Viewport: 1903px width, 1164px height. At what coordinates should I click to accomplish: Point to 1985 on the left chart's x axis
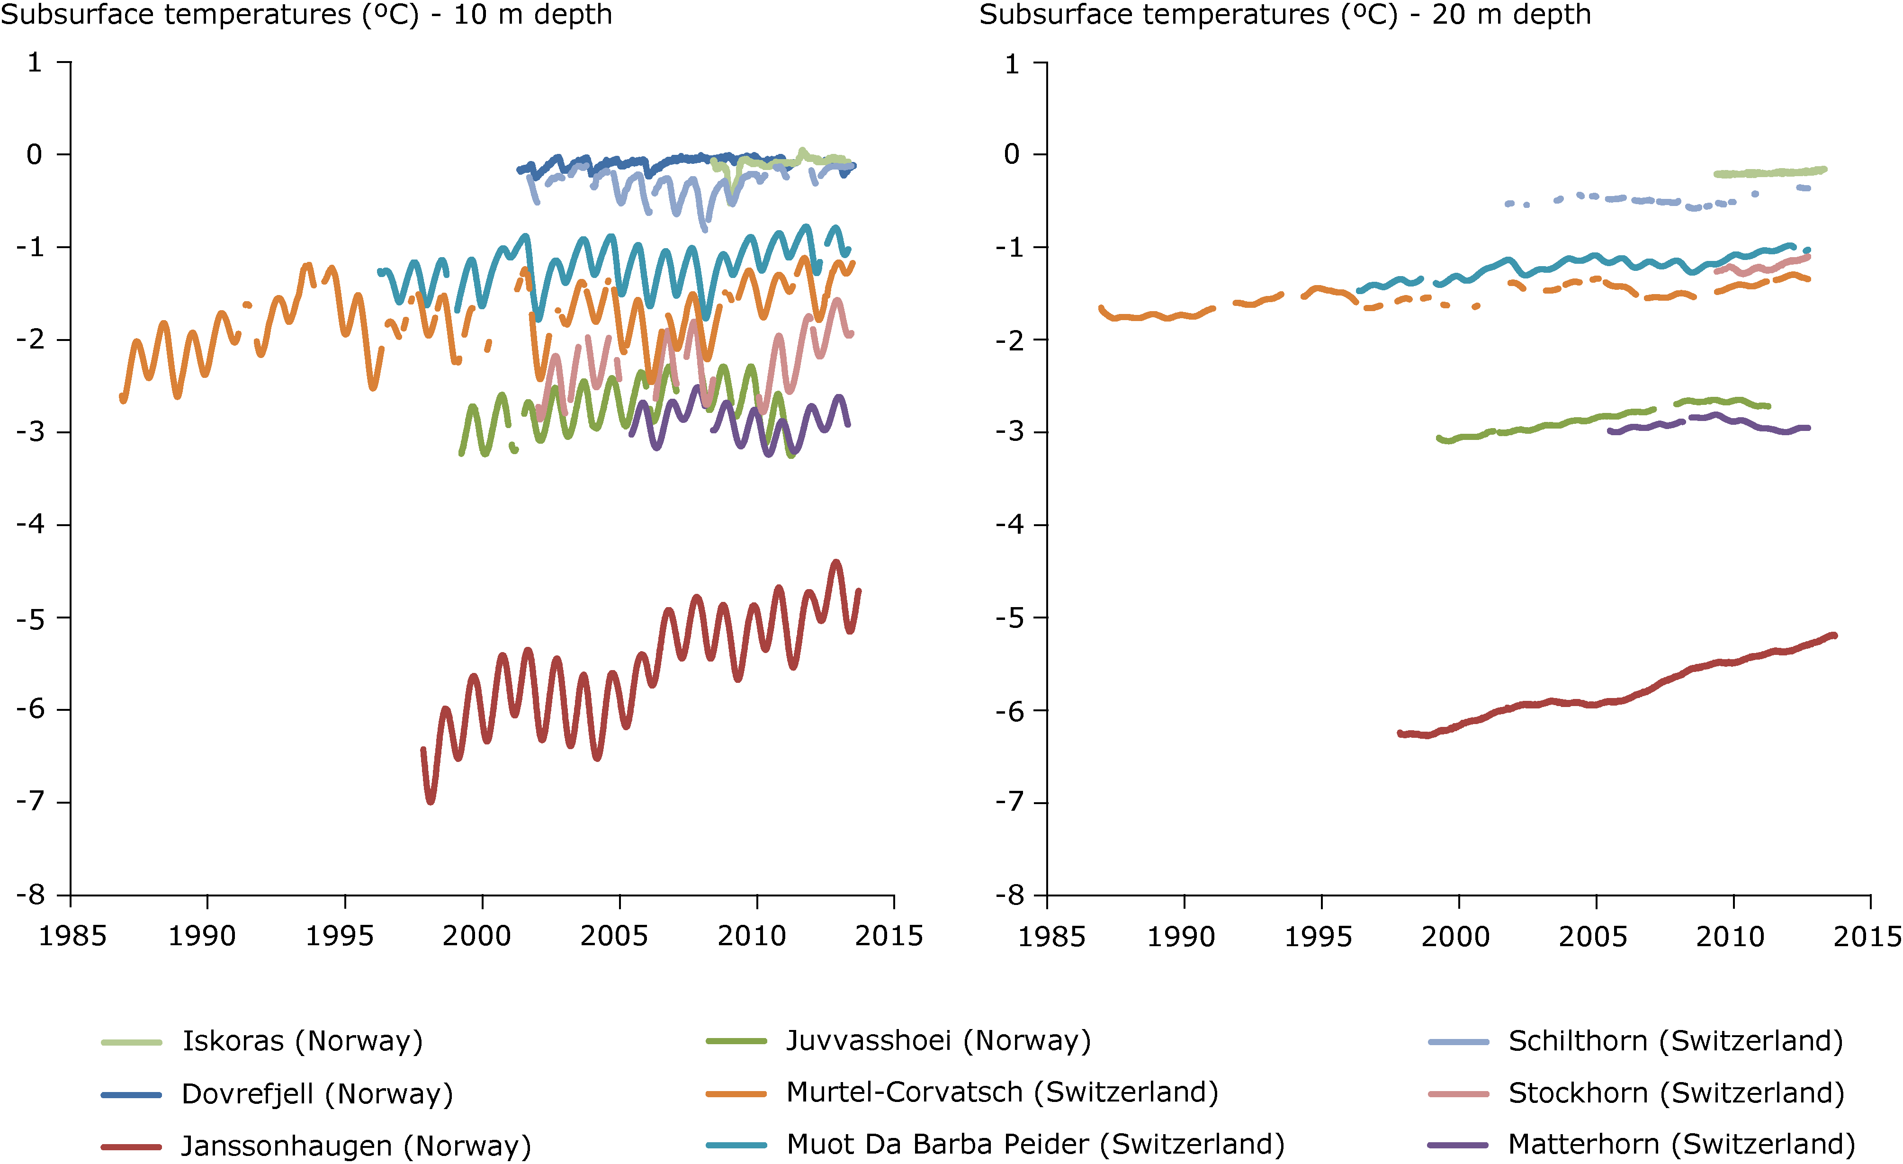click(72, 936)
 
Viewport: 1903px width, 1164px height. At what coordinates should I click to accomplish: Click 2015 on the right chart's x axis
click(1867, 936)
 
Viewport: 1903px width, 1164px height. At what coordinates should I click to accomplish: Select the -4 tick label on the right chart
click(1010, 524)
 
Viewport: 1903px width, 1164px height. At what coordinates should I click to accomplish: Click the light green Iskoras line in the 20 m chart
click(1768, 172)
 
